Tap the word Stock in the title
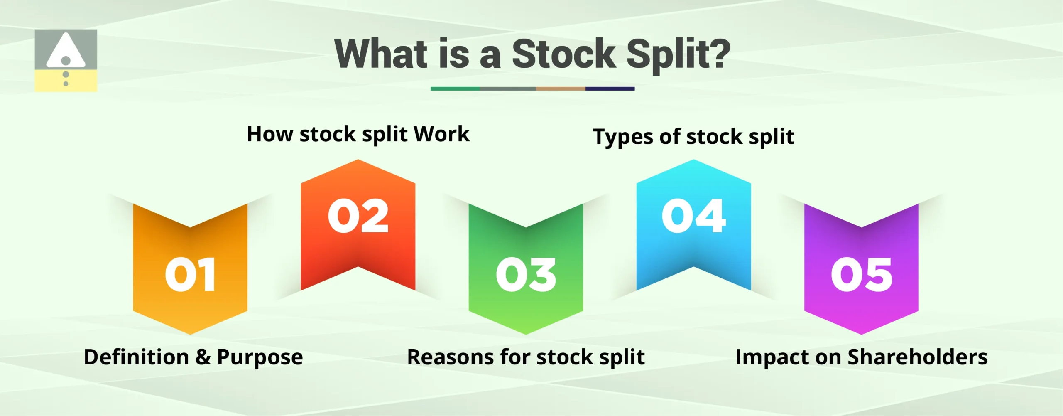[x=563, y=54]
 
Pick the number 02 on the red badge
[x=358, y=216]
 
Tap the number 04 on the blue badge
[x=693, y=216]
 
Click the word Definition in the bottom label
[x=136, y=357]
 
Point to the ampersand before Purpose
[x=203, y=357]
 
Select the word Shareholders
[x=917, y=357]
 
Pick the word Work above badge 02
[x=442, y=134]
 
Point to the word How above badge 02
[x=269, y=134]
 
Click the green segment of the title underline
[x=455, y=89]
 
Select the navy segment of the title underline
[x=610, y=89]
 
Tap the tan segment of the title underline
[x=561, y=89]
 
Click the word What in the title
[x=381, y=54]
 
